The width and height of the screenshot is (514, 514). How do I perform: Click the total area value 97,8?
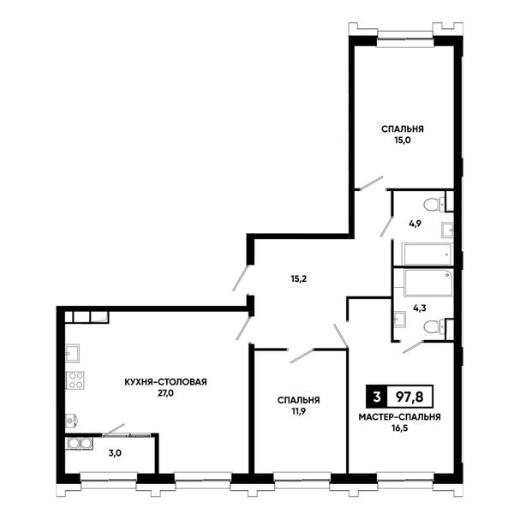tap(409, 397)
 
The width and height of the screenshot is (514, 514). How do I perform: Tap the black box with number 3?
tap(377, 397)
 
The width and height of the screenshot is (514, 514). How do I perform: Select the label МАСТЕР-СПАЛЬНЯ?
tap(399, 417)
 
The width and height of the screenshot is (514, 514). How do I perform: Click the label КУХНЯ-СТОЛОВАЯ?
tap(165, 382)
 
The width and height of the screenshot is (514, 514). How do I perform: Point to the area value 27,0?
tap(165, 393)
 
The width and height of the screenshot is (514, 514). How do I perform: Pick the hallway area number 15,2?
tap(299, 279)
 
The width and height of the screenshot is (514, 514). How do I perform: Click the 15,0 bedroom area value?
tap(403, 140)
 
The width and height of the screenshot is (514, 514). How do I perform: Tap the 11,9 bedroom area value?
tap(299, 411)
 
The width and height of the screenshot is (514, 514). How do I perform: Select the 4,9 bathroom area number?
tap(415, 224)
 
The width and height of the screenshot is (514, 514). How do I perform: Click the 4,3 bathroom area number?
tap(420, 308)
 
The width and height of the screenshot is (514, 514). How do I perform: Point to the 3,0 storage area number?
tap(115, 453)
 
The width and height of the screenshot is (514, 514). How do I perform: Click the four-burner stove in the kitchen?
tap(75, 380)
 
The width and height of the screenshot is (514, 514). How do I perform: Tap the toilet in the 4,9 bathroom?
tap(434, 206)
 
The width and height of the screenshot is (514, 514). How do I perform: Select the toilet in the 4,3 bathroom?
tap(434, 327)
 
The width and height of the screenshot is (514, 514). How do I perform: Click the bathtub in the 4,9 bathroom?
tap(427, 254)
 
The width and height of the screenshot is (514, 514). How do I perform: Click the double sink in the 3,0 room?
tap(80, 443)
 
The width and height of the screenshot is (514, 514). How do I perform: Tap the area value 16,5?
tap(399, 428)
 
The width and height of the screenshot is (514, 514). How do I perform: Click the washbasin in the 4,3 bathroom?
tap(399, 319)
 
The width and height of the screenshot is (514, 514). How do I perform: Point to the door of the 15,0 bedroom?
tap(371, 183)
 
